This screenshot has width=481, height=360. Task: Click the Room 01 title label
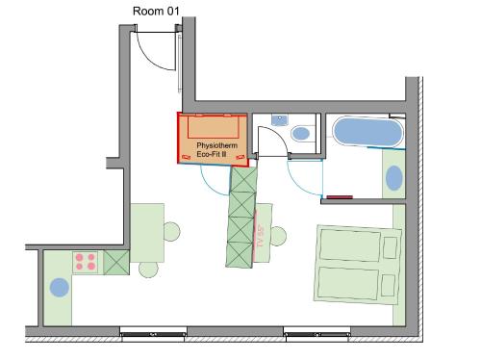pyautogui.click(x=156, y=12)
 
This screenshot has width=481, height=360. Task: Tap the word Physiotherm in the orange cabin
pyautogui.click(x=217, y=145)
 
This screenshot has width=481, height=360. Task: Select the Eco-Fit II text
pyautogui.click(x=212, y=154)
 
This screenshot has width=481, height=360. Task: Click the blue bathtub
pyautogui.click(x=367, y=132)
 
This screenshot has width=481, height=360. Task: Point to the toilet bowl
pyautogui.click(x=301, y=133)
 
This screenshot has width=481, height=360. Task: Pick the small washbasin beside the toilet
pyautogui.click(x=280, y=120)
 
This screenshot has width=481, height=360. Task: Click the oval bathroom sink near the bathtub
pyautogui.click(x=394, y=178)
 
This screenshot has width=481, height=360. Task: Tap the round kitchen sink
pyautogui.click(x=60, y=288)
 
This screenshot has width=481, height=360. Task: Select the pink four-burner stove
pyautogui.click(x=85, y=262)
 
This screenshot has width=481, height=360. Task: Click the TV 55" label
pyautogui.click(x=261, y=236)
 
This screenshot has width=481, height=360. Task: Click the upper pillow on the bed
pyautogui.click(x=391, y=247)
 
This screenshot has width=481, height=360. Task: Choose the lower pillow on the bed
pyautogui.click(x=388, y=285)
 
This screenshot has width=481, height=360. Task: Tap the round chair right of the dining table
pyautogui.click(x=172, y=231)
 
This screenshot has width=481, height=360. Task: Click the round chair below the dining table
pyautogui.click(x=149, y=270)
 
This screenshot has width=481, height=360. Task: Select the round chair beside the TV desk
pyautogui.click(x=278, y=236)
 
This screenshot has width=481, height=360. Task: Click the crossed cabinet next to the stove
pyautogui.click(x=116, y=263)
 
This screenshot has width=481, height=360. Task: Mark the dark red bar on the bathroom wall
pyautogui.click(x=340, y=197)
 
